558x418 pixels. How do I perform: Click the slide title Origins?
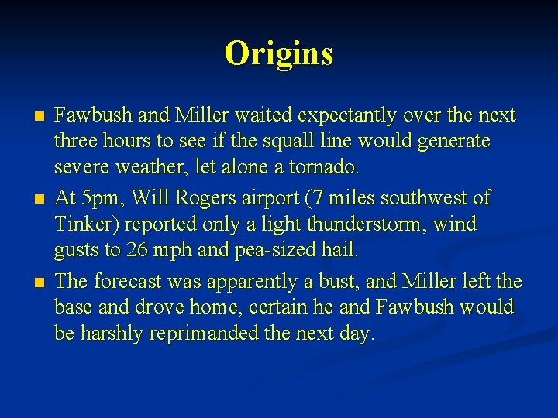(279, 53)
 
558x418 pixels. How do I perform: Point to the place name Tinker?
(83, 224)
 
